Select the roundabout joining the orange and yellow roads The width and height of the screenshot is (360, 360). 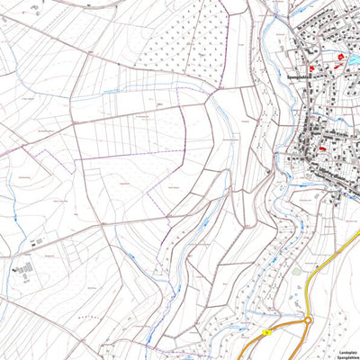coord(308,319)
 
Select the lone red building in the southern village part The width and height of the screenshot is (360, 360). coord(321,148)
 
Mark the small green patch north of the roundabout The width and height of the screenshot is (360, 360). coord(297,270)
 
